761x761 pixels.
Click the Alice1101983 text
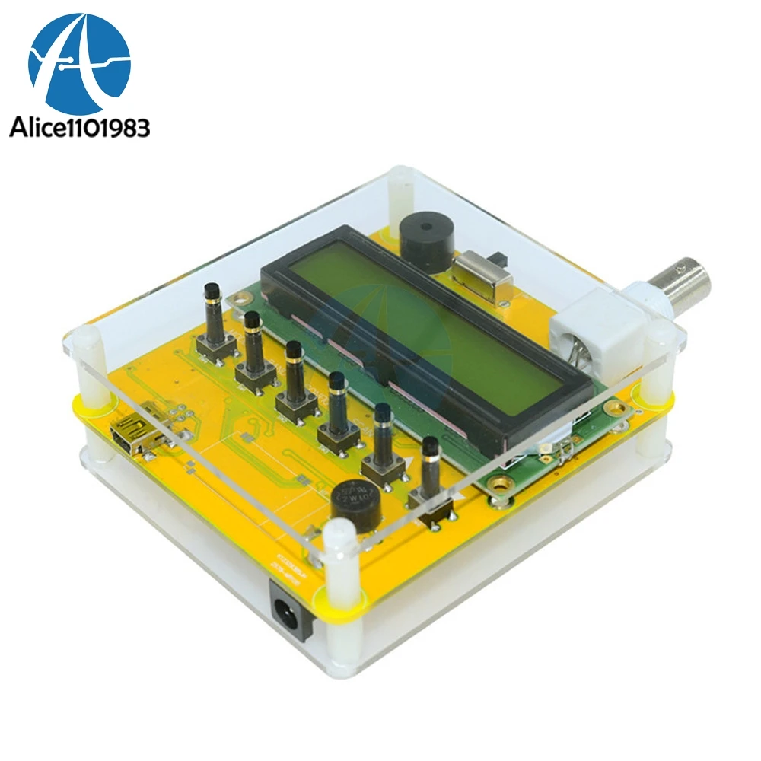(79, 127)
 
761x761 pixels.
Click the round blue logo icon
(79, 62)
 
